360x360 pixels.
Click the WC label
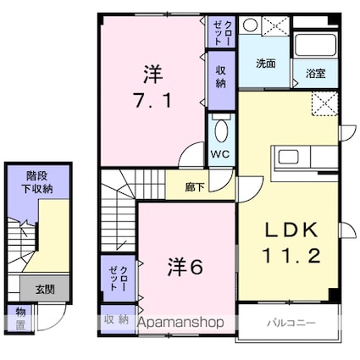pyautogui.click(x=221, y=154)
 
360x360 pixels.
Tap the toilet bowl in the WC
pyautogui.click(x=221, y=130)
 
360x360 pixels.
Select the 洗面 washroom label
pyautogui.click(x=265, y=64)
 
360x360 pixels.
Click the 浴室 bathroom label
pyautogui.click(x=315, y=74)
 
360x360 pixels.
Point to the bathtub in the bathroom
pyautogui.click(x=315, y=45)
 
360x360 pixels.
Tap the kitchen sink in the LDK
pyautogui.click(x=288, y=157)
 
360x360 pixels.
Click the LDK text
pyautogui.click(x=291, y=230)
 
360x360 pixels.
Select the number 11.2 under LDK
pyautogui.click(x=291, y=256)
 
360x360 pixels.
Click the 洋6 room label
pyautogui.click(x=185, y=267)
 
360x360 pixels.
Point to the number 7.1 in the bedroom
pyautogui.click(x=152, y=101)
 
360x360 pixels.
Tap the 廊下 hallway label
pyautogui.click(x=195, y=187)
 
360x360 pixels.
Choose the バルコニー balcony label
pyautogui.click(x=291, y=323)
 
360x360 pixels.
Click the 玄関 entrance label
pyautogui.click(x=45, y=290)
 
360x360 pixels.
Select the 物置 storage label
pyautogui.click(x=20, y=319)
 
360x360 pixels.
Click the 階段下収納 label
pyautogui.click(x=37, y=182)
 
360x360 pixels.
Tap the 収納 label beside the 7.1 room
pyautogui.click(x=221, y=76)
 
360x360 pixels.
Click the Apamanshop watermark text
pyautogui.click(x=181, y=322)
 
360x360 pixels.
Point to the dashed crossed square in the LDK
pyautogui.click(x=324, y=103)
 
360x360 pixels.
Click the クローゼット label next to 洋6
pyautogui.click(x=119, y=278)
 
